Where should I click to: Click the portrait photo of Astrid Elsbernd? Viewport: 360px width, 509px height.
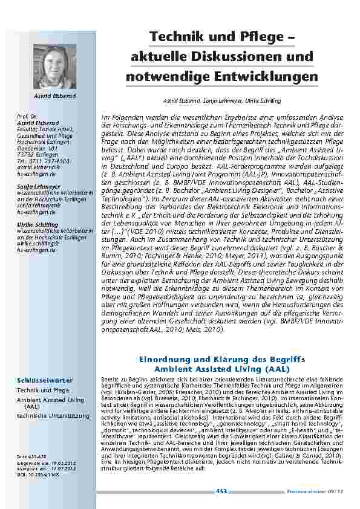pos(50,66)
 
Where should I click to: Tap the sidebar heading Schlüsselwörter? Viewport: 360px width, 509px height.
pos(44,380)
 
